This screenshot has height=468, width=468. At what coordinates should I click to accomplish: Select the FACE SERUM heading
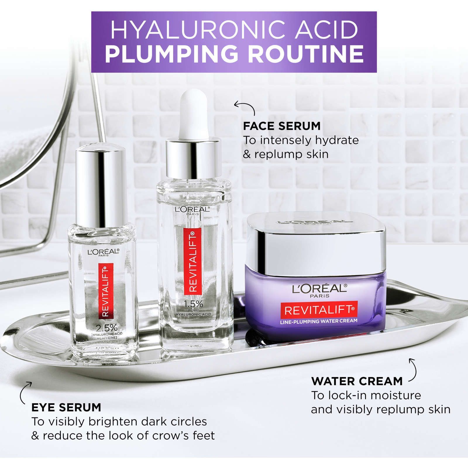(282, 126)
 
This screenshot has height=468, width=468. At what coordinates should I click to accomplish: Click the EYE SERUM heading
(66, 407)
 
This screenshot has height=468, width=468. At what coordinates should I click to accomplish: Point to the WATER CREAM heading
(357, 381)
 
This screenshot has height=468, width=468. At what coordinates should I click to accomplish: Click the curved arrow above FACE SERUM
(245, 107)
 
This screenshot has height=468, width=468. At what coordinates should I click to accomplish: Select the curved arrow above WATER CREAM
(413, 369)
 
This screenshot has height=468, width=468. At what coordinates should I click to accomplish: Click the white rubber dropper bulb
(194, 114)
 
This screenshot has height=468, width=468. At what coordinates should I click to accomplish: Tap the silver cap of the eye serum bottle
(101, 184)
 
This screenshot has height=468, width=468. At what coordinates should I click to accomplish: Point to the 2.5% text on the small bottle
(106, 328)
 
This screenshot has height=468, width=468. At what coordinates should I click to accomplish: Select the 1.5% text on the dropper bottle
(193, 304)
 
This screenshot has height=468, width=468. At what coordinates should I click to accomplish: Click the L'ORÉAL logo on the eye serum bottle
(103, 252)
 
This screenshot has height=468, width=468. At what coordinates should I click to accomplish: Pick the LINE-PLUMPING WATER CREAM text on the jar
(319, 321)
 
